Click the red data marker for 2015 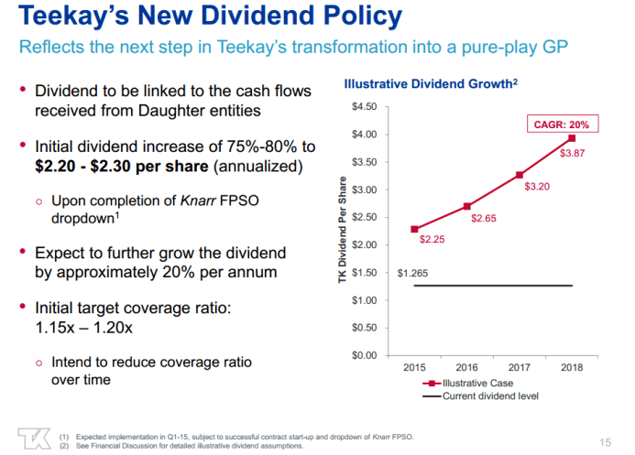click(x=415, y=229)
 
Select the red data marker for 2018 click(x=573, y=138)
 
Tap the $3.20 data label click(x=537, y=186)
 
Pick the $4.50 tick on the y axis click(x=364, y=107)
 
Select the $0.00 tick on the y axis click(x=364, y=355)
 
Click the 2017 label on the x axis click(x=520, y=368)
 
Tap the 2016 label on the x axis click(x=467, y=368)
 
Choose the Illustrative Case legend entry click(x=467, y=384)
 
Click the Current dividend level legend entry click(x=482, y=395)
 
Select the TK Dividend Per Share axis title click(x=341, y=230)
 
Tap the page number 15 click(x=604, y=437)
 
